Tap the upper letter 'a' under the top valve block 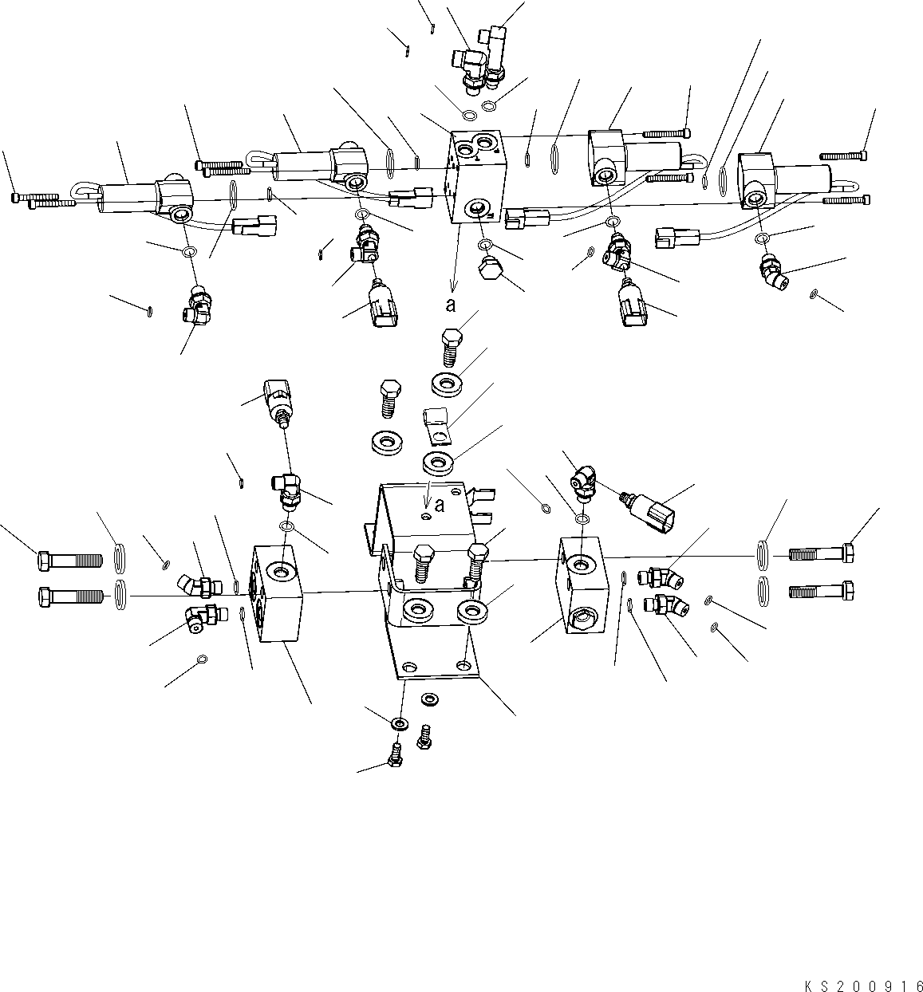coord(451,304)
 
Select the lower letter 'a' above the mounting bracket coord(440,504)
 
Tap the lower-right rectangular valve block coord(586,585)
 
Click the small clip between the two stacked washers coord(436,423)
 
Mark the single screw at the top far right coord(845,155)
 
